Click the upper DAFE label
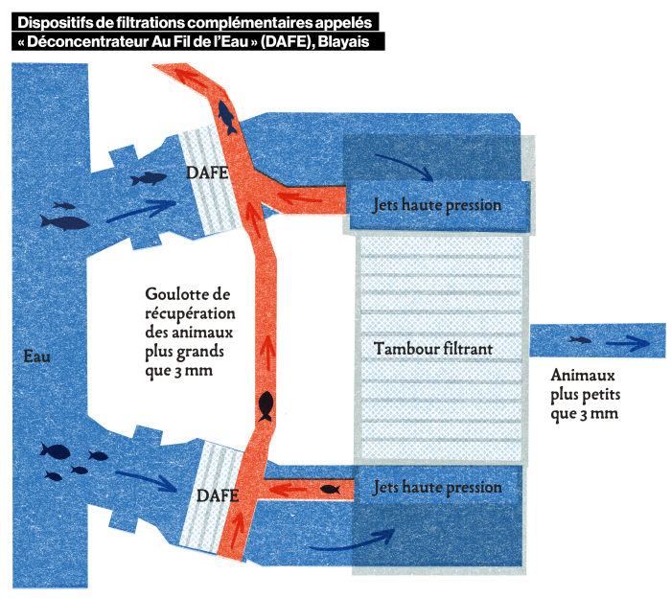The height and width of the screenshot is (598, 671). click(x=207, y=172)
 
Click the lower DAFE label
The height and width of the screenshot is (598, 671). click(x=218, y=495)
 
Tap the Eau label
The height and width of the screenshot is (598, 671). click(x=36, y=356)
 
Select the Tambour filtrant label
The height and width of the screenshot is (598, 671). click(x=433, y=349)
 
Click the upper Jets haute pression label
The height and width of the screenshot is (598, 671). click(x=437, y=205)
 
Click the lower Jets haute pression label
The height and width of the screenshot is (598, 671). click(x=437, y=487)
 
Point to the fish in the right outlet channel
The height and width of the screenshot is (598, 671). click(x=580, y=340)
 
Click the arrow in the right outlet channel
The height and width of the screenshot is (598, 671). click(x=628, y=343)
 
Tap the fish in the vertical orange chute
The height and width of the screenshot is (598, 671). click(x=266, y=406)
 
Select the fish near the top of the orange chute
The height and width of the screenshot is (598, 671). click(x=226, y=117)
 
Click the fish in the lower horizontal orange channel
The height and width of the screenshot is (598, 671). click(x=330, y=489)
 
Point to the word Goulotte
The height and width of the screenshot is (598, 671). click(x=177, y=294)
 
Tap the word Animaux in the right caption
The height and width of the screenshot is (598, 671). click(x=583, y=375)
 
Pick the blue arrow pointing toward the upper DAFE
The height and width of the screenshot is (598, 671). click(x=141, y=211)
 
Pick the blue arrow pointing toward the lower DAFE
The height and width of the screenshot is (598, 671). click(x=146, y=481)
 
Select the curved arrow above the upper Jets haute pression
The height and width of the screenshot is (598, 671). click(x=405, y=167)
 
